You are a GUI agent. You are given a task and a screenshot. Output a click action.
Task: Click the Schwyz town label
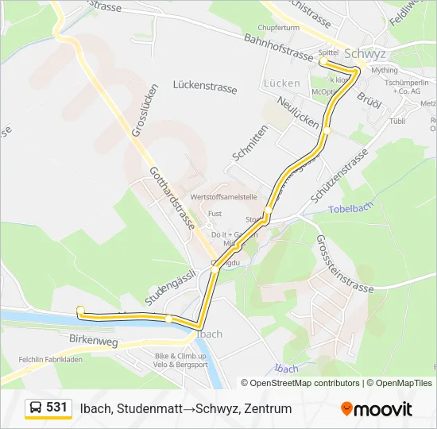pyautogui.click(x=365, y=54)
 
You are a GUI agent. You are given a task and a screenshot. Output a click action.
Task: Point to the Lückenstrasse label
pyautogui.click(x=205, y=87)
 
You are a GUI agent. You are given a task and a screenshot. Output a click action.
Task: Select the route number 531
pyautogui.click(x=56, y=408)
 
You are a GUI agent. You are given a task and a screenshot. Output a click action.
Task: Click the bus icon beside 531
pyautogui.click(x=37, y=408)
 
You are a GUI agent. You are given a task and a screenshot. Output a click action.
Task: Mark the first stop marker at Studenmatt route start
pyautogui.click(x=80, y=310)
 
